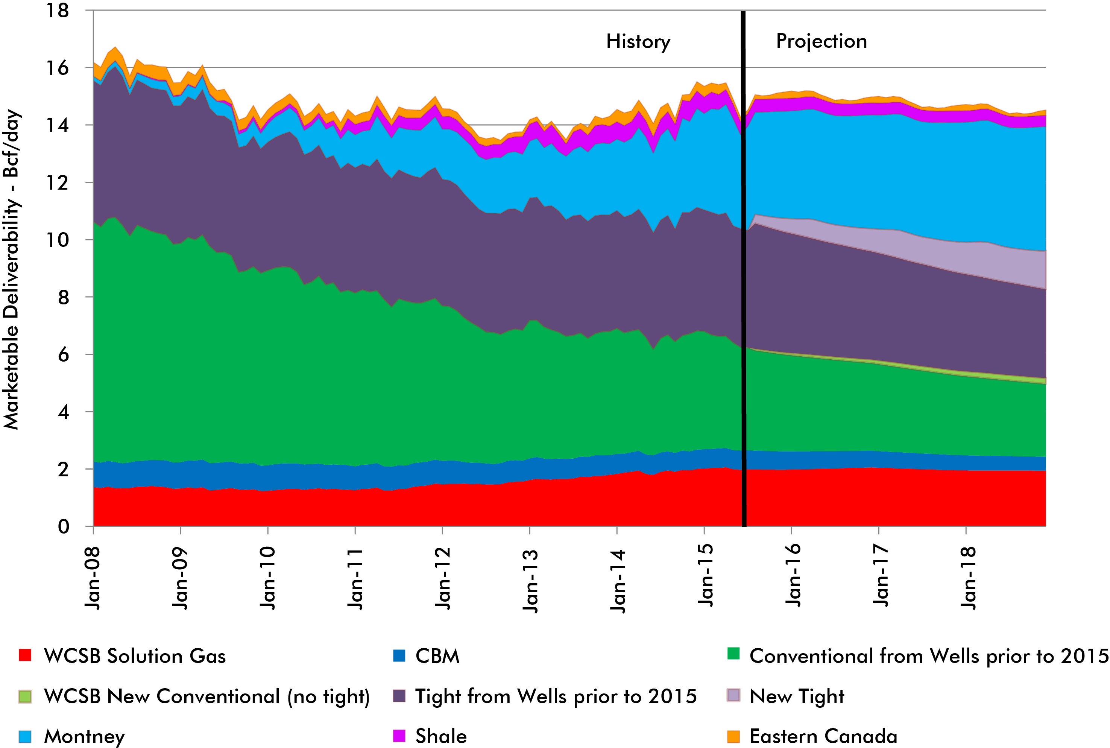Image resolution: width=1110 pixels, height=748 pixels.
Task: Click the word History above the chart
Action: (638, 42)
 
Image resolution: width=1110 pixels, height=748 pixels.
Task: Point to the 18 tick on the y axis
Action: (58, 11)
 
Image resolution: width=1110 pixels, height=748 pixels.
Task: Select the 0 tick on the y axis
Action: (64, 527)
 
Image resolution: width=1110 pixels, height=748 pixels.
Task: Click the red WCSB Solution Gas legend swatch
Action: (25, 655)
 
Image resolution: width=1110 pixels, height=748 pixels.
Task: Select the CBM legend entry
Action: (437, 656)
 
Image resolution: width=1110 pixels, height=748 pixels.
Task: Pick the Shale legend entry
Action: (440, 736)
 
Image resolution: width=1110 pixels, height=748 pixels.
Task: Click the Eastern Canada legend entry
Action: (823, 736)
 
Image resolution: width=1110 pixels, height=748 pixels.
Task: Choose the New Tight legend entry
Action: (796, 696)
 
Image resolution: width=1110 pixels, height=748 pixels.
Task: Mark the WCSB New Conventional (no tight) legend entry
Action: (207, 696)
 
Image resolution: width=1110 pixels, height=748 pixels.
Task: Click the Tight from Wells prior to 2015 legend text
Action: (556, 696)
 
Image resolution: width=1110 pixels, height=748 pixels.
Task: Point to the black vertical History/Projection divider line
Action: (743, 286)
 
